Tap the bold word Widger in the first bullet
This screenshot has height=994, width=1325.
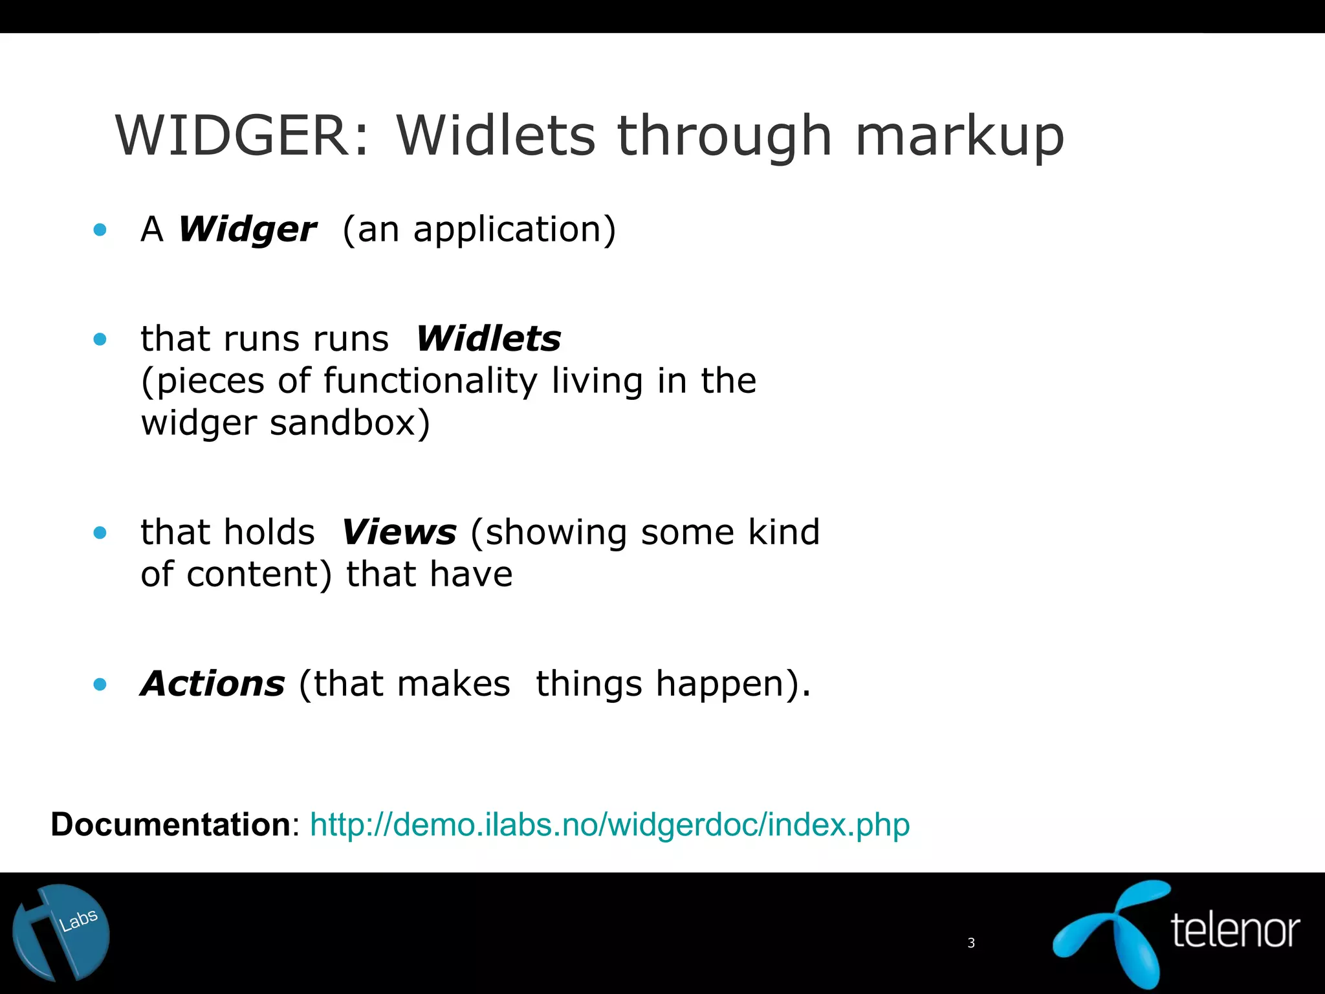[247, 229]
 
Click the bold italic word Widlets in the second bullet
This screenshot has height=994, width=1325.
[488, 338]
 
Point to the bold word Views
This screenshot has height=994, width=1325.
[399, 532]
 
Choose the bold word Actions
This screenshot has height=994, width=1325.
[213, 683]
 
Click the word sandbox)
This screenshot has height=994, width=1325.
[349, 423]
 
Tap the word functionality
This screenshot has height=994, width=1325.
[430, 381]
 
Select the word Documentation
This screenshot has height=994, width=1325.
[171, 824]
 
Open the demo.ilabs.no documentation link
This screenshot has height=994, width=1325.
[609, 824]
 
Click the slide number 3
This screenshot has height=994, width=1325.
[970, 943]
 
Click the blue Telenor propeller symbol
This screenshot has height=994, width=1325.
[1113, 932]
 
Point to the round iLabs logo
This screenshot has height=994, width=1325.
[61, 933]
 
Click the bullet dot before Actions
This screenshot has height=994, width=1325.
[100, 684]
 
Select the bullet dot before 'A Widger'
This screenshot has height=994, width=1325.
[100, 229]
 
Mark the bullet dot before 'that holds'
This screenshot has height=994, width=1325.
[100, 533]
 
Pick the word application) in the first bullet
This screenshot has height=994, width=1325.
[514, 229]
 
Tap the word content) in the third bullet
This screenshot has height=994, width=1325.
[259, 574]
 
